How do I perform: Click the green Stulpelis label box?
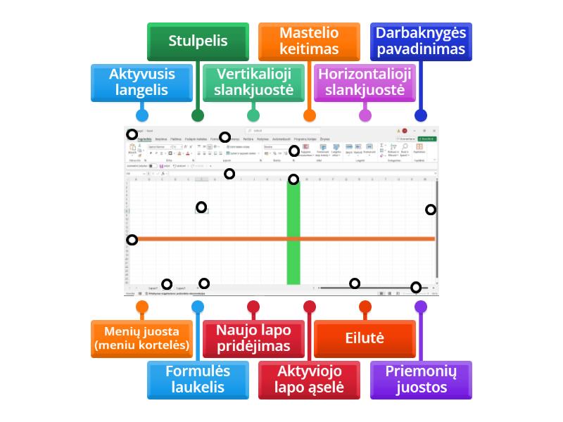point(197,41)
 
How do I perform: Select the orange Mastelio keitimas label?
point(309,41)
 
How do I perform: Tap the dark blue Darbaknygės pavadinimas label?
point(420,41)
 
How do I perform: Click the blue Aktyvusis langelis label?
point(142,82)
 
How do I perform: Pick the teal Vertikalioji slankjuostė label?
point(253,82)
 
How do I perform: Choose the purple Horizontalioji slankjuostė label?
point(365,82)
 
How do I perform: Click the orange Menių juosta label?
point(142,338)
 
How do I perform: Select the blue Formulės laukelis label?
point(197,379)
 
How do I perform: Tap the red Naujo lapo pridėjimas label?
point(253,338)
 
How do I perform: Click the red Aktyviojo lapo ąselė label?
point(309,379)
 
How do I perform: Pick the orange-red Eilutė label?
point(365,338)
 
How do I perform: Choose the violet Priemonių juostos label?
point(420,379)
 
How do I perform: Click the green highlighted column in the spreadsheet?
point(293,232)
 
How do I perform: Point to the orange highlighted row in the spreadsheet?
point(281,239)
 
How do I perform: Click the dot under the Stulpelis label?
point(198,115)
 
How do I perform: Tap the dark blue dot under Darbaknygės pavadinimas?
point(421,115)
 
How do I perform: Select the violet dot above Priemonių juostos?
point(421,307)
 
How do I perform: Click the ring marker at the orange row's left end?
point(132,240)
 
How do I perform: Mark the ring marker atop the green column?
point(293,179)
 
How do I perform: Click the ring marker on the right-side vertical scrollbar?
point(431,210)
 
